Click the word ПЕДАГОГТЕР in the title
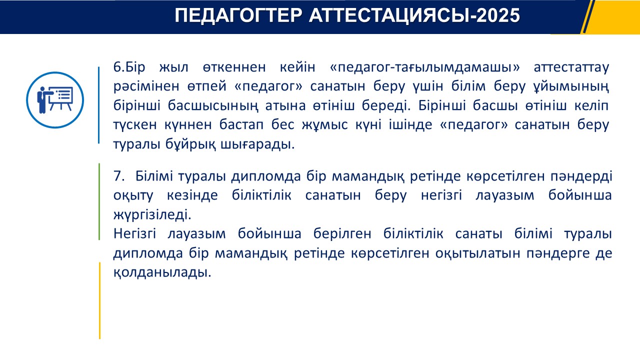tap(238, 15)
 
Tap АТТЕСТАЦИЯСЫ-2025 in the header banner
tap(414, 15)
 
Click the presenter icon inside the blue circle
tap(54, 100)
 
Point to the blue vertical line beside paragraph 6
tap(99, 105)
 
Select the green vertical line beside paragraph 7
tap(99, 201)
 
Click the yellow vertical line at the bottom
tap(99, 300)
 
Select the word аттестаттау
tap(571, 67)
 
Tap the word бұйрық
tap(190, 144)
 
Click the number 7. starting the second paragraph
tap(119, 176)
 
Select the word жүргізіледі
tap(152, 215)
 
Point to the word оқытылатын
tap(477, 253)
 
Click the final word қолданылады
tap(162, 272)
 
